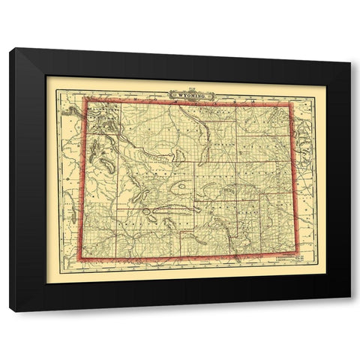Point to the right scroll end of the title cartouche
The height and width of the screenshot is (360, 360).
tap(211, 95)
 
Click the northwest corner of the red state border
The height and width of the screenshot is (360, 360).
tap(84, 100)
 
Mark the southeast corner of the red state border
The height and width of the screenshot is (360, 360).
tap(298, 253)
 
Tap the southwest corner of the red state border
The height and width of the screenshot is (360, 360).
tap(81, 258)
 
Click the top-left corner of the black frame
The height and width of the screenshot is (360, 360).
tap(10, 49)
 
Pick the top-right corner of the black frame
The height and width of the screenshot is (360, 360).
tap(350, 61)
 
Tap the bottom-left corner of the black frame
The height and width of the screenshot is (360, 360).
tap(10, 310)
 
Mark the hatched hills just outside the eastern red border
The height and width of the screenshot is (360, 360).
tap(303, 139)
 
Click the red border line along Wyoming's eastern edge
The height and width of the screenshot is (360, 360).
tap(294, 180)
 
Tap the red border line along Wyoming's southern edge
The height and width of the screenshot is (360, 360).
tap(187, 256)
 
